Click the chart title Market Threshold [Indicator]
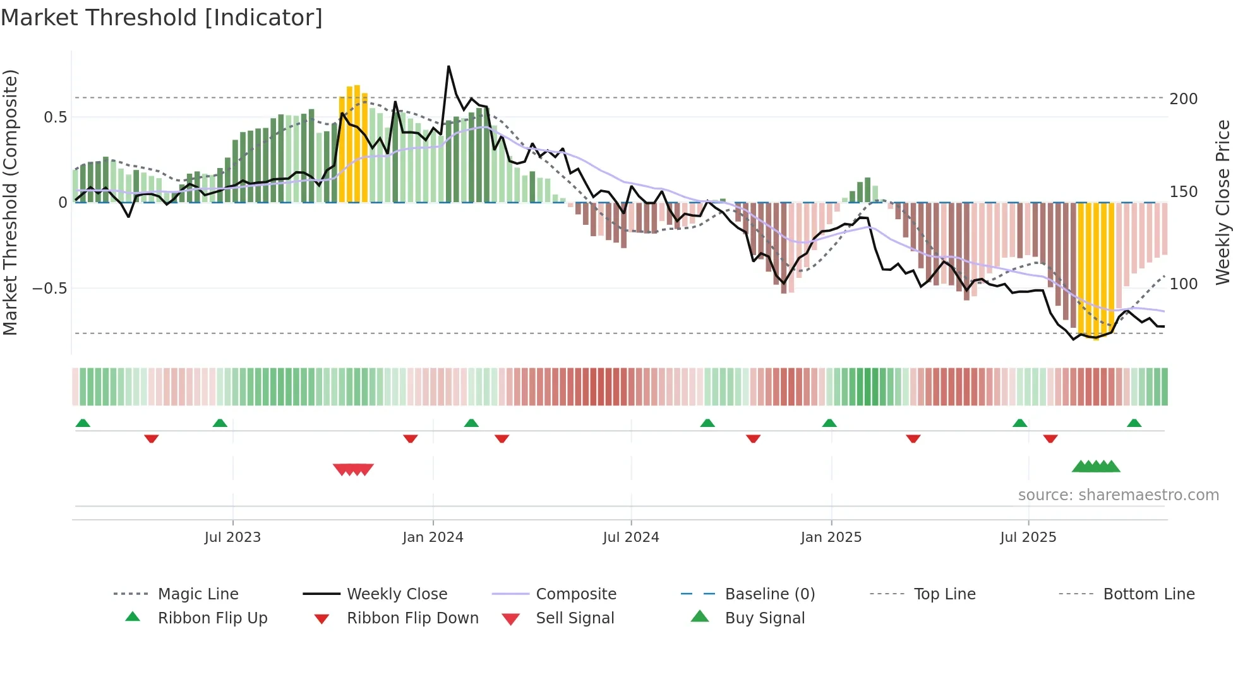[x=162, y=18]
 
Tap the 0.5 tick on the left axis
[x=55, y=117]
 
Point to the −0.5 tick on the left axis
[x=49, y=289]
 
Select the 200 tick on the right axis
[x=1183, y=99]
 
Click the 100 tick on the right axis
[x=1183, y=284]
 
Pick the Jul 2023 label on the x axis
[x=232, y=537]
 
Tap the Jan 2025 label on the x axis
[x=831, y=537]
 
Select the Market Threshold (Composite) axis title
[x=11, y=202]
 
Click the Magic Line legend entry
[x=198, y=594]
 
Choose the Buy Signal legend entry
[x=764, y=618]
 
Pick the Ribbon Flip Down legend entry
[x=412, y=618]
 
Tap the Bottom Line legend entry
[x=1148, y=594]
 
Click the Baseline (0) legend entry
[x=769, y=594]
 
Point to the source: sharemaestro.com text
[x=1118, y=495]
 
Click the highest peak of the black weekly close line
[x=448, y=66]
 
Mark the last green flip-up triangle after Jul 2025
[x=1134, y=423]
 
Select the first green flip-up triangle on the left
[x=83, y=423]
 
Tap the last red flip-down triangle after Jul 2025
[x=1050, y=438]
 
